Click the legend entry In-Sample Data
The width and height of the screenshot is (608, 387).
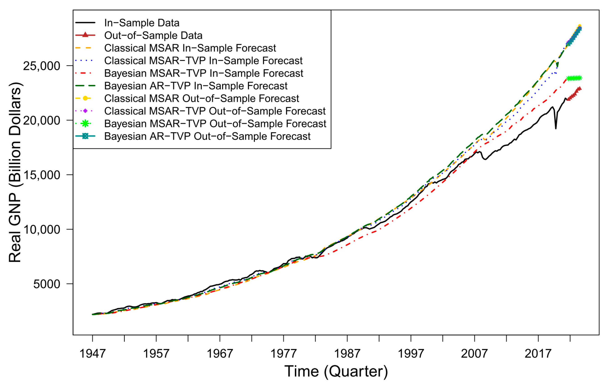click(x=142, y=23)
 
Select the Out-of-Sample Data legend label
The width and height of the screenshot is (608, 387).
click(x=153, y=36)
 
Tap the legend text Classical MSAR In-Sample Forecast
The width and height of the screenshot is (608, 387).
click(x=190, y=48)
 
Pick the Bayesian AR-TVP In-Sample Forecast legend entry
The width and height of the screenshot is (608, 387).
click(x=196, y=86)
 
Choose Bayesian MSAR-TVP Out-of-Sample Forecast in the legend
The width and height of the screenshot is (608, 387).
click(x=215, y=124)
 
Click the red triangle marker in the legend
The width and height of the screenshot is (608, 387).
click(x=85, y=35)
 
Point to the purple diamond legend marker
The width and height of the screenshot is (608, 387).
click(x=85, y=111)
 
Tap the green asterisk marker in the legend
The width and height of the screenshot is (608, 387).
click(x=85, y=123)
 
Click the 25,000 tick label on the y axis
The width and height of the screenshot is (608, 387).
click(x=42, y=66)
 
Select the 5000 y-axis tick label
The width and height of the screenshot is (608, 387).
click(x=47, y=284)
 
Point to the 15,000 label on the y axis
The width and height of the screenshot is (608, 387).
click(x=42, y=175)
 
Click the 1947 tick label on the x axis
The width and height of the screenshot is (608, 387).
click(x=92, y=354)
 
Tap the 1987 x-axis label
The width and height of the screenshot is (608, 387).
click(x=347, y=354)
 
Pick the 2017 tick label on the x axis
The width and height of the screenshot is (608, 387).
click(x=538, y=354)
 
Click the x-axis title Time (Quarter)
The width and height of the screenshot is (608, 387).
click(x=336, y=371)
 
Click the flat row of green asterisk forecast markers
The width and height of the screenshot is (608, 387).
click(x=574, y=78)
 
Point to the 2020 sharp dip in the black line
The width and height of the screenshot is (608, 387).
click(x=556, y=128)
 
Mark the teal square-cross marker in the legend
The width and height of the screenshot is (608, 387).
click(x=85, y=136)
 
